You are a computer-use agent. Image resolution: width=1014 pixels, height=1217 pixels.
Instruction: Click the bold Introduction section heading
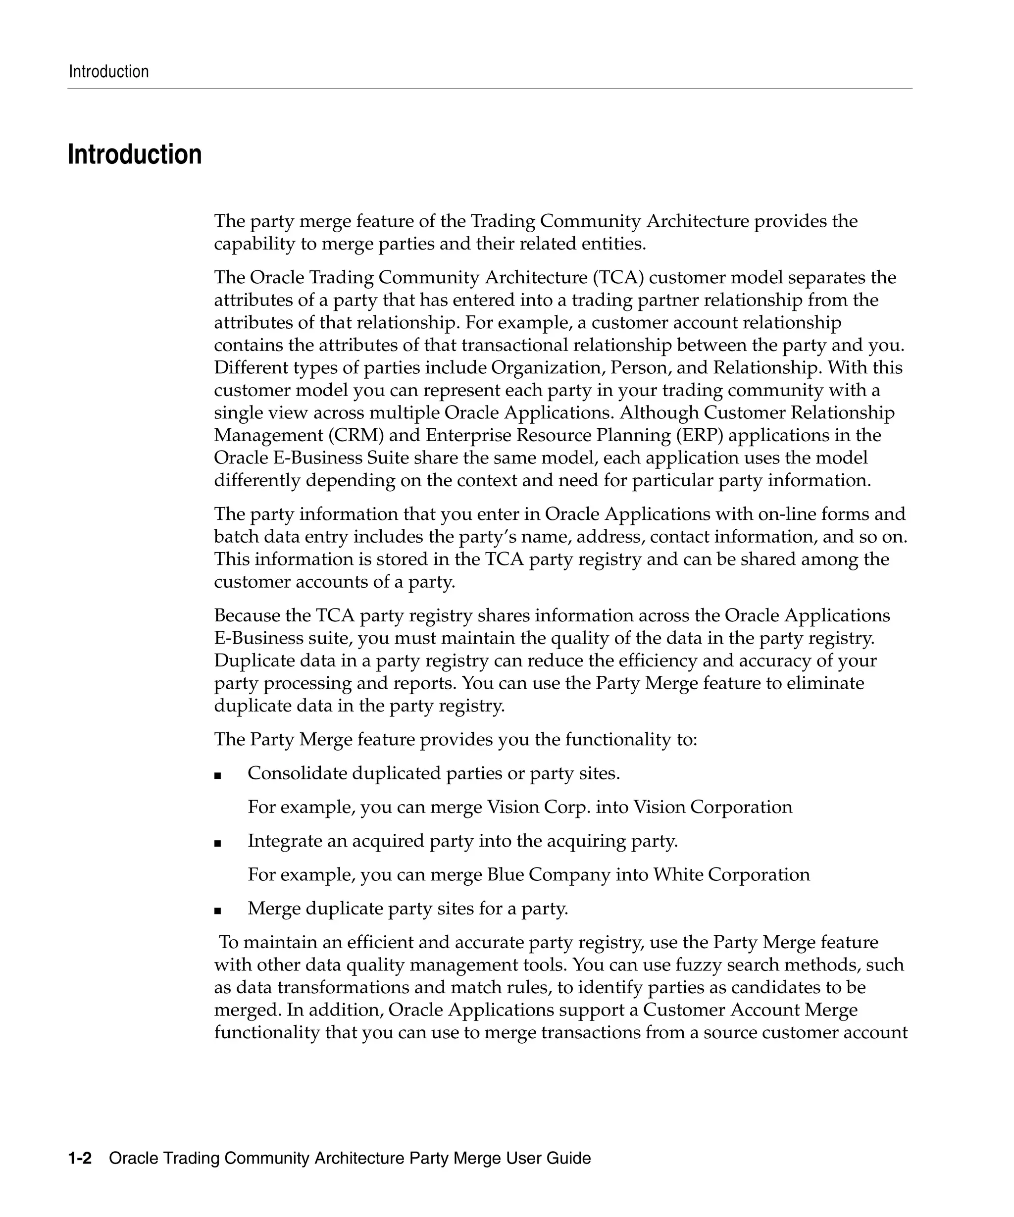click(135, 155)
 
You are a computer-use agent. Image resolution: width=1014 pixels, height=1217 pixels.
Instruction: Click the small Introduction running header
click(108, 72)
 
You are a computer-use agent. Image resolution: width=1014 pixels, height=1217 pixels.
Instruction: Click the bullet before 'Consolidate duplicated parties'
click(218, 775)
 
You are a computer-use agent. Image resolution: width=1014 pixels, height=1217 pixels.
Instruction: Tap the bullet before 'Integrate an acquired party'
click(218, 843)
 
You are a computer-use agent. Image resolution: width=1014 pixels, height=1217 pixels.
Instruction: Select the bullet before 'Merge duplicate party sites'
click(218, 911)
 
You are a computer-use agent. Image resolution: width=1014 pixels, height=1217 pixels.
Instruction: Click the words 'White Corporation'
click(731, 874)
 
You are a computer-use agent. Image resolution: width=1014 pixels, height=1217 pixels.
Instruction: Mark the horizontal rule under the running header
click(490, 89)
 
